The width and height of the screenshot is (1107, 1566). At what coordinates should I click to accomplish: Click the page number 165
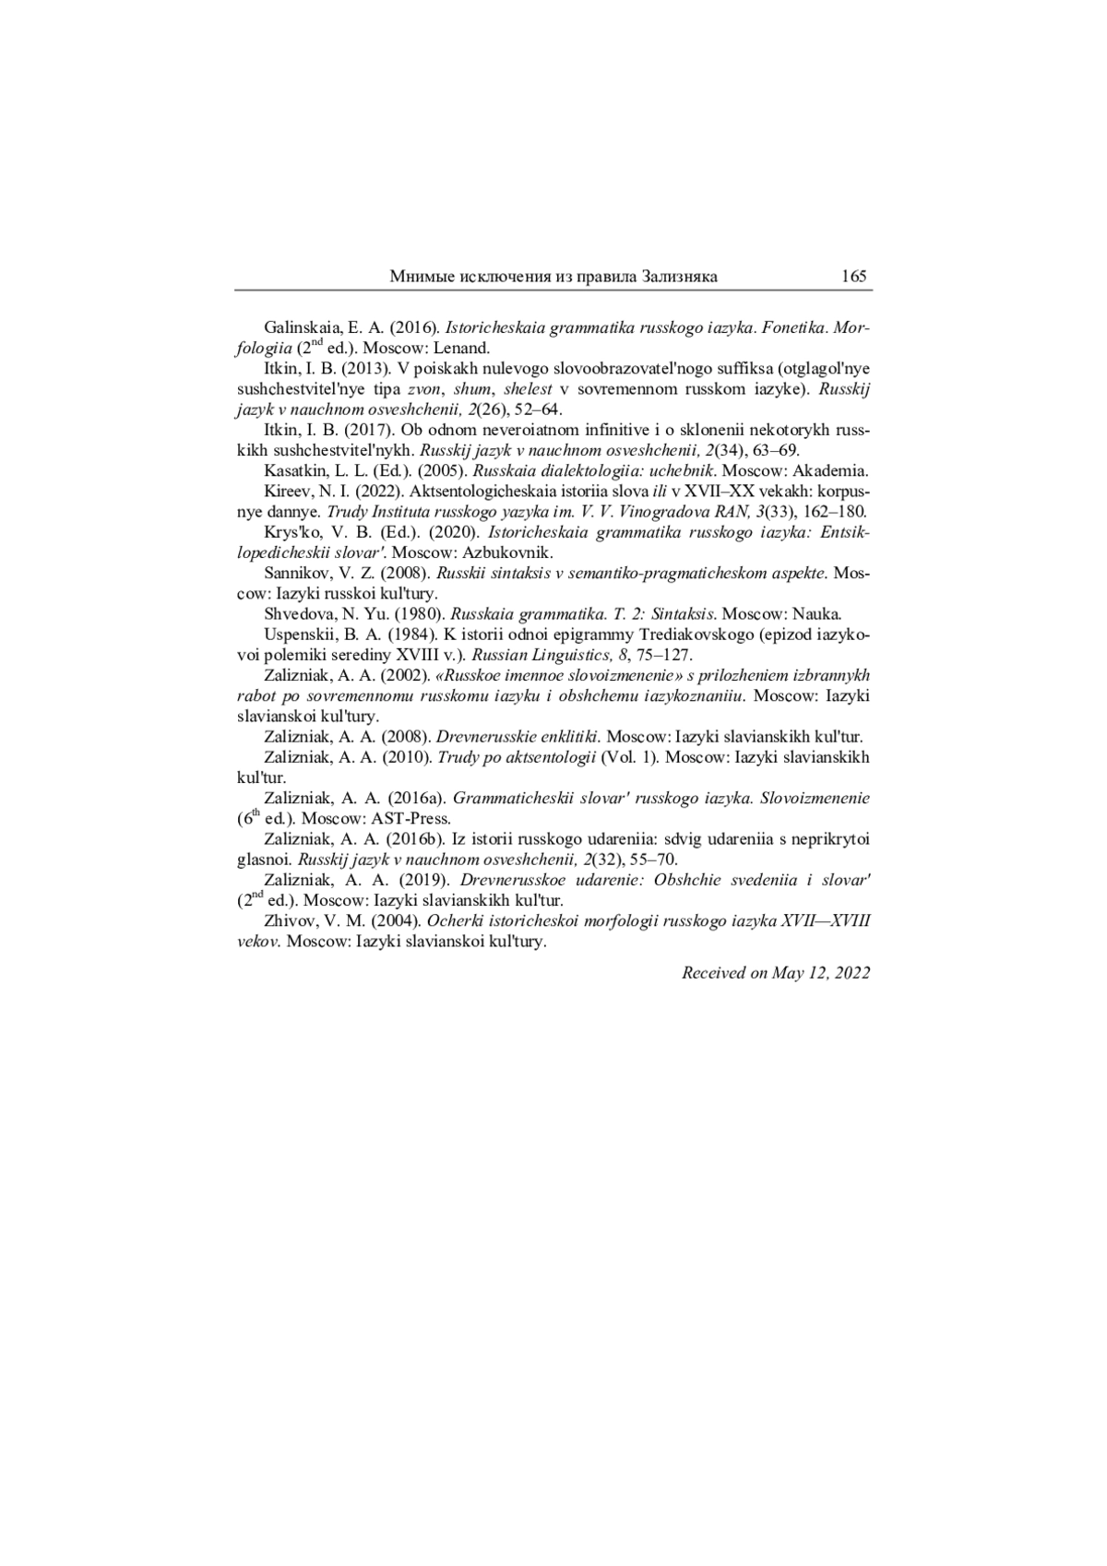854,277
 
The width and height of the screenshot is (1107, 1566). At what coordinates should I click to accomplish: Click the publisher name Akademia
831,470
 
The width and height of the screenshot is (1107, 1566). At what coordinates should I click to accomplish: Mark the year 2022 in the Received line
850,973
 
